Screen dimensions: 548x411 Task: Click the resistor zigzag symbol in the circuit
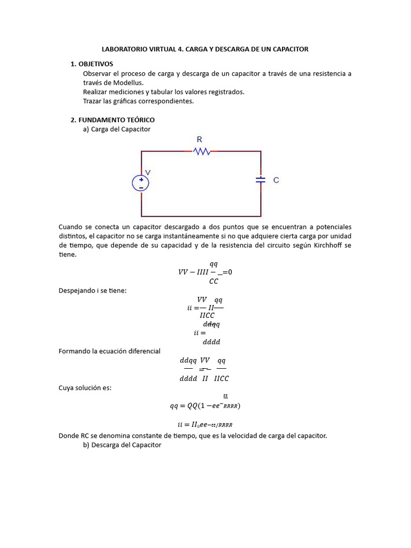[x=201, y=152]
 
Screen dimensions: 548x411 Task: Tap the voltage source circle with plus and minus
[x=141, y=184]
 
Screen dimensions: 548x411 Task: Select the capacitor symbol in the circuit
[x=261, y=180]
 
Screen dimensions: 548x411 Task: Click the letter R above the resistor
[x=200, y=140]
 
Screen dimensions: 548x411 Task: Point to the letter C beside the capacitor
[x=276, y=180]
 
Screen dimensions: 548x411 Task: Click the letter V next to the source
[x=148, y=172]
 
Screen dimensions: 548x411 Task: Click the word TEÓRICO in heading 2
[x=139, y=120]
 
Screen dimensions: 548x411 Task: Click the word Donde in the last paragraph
[x=69, y=436]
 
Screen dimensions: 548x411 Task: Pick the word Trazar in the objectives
[x=93, y=101]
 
